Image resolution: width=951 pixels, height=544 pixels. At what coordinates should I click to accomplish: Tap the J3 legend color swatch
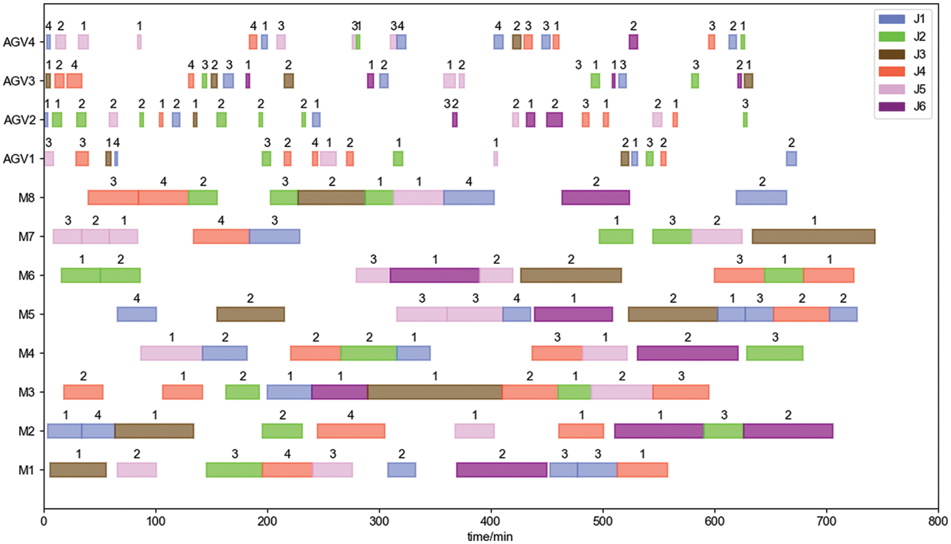pyautogui.click(x=891, y=54)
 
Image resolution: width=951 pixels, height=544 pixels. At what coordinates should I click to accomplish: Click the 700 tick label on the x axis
pyautogui.click(x=826, y=521)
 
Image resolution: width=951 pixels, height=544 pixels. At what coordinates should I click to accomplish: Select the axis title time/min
pyautogui.click(x=490, y=537)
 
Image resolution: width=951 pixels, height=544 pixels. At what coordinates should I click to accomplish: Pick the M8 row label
pyautogui.click(x=26, y=198)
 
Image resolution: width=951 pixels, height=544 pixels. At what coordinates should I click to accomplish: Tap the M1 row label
pyautogui.click(x=26, y=470)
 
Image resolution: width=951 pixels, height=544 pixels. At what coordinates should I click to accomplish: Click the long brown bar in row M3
pyautogui.click(x=435, y=392)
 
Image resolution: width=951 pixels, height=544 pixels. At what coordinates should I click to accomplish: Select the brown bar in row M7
pyautogui.click(x=813, y=236)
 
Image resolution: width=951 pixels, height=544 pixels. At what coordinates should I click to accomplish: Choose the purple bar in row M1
pyautogui.click(x=502, y=470)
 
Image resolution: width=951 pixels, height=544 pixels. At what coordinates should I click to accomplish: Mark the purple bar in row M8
pyautogui.click(x=596, y=198)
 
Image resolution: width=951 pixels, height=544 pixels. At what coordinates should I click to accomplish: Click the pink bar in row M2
pyautogui.click(x=474, y=431)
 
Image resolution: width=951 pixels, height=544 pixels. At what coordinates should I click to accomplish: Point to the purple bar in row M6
pyautogui.click(x=434, y=275)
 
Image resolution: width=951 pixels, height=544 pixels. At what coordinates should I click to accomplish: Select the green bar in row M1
pyautogui.click(x=234, y=470)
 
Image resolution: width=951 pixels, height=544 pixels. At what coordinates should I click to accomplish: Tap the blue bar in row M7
pyautogui.click(x=275, y=236)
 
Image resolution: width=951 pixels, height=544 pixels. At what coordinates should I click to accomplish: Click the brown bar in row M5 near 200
pyautogui.click(x=250, y=314)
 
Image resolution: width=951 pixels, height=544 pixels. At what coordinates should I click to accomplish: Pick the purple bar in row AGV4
pyautogui.click(x=633, y=42)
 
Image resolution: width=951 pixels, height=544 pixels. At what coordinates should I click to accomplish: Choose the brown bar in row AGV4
pyautogui.click(x=517, y=42)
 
